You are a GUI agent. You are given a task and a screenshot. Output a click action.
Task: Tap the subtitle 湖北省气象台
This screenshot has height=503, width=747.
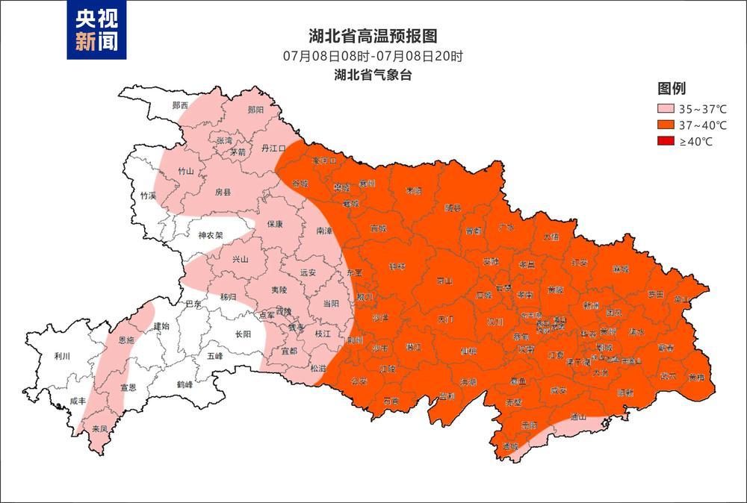coord(373,75)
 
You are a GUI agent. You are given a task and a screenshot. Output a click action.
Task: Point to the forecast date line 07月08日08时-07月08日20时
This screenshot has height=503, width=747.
coord(373,56)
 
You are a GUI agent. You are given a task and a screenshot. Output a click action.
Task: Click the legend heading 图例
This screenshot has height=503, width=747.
coord(672,89)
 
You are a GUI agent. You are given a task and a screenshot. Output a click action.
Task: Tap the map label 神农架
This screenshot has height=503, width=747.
coord(211,236)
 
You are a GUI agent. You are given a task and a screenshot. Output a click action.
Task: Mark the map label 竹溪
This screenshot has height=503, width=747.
coord(148,196)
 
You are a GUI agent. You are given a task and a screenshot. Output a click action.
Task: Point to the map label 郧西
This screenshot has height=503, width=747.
coord(180,105)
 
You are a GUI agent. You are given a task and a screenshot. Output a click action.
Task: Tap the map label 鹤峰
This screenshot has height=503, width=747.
coord(185,384)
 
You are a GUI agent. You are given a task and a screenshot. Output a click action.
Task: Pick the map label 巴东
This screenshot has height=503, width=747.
coord(193,304)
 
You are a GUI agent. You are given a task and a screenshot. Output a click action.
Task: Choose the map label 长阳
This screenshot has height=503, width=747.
coord(243,334)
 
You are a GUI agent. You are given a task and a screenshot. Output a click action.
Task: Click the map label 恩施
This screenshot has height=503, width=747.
coord(127,340)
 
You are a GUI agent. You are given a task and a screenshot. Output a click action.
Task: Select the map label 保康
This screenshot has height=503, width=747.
coord(274,224)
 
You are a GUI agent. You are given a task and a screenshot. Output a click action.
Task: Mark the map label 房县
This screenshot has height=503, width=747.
coord(223,192)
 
